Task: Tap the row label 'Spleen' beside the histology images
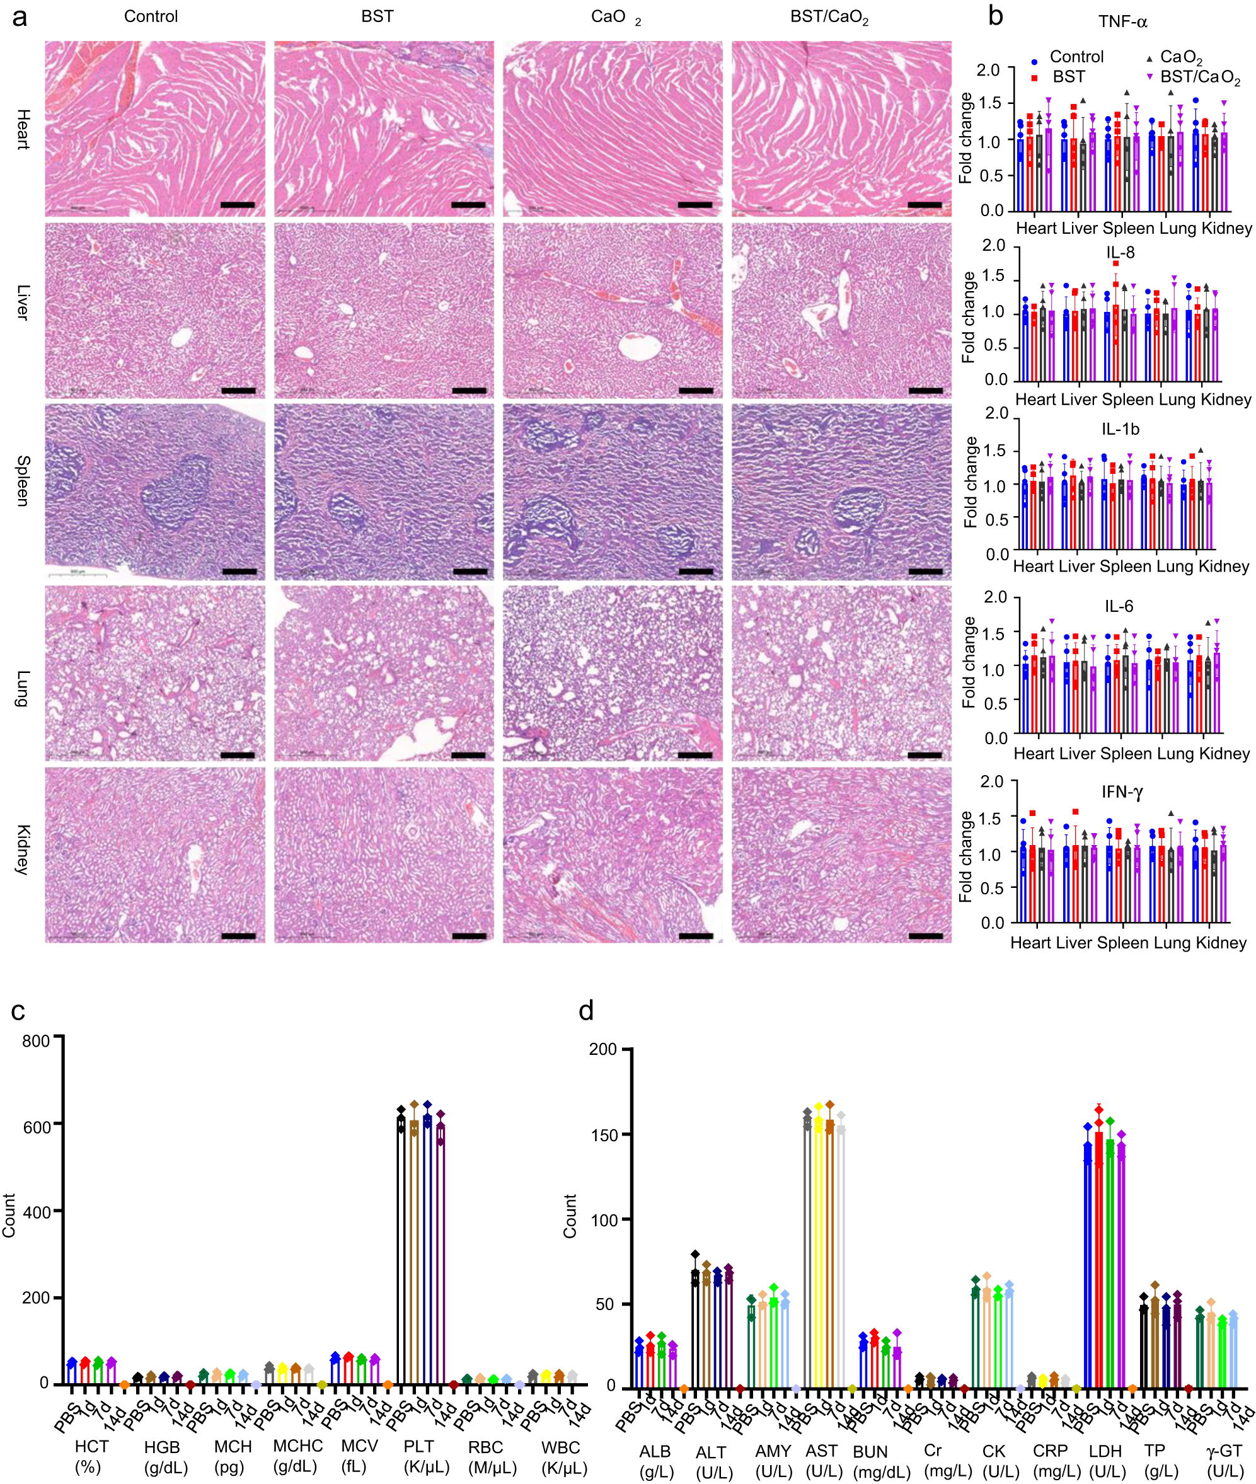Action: pos(23,481)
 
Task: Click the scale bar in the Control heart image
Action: pos(237,205)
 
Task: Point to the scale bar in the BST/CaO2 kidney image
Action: pos(925,936)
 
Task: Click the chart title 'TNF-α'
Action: pos(1122,22)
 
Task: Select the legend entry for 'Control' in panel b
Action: pos(1076,57)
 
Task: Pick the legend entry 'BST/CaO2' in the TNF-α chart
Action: pos(1200,77)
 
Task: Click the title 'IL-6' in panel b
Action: pos(1119,607)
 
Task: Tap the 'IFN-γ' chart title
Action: pos(1122,792)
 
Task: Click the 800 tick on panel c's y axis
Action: pos(35,1041)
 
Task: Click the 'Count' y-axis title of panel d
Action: pos(570,1216)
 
